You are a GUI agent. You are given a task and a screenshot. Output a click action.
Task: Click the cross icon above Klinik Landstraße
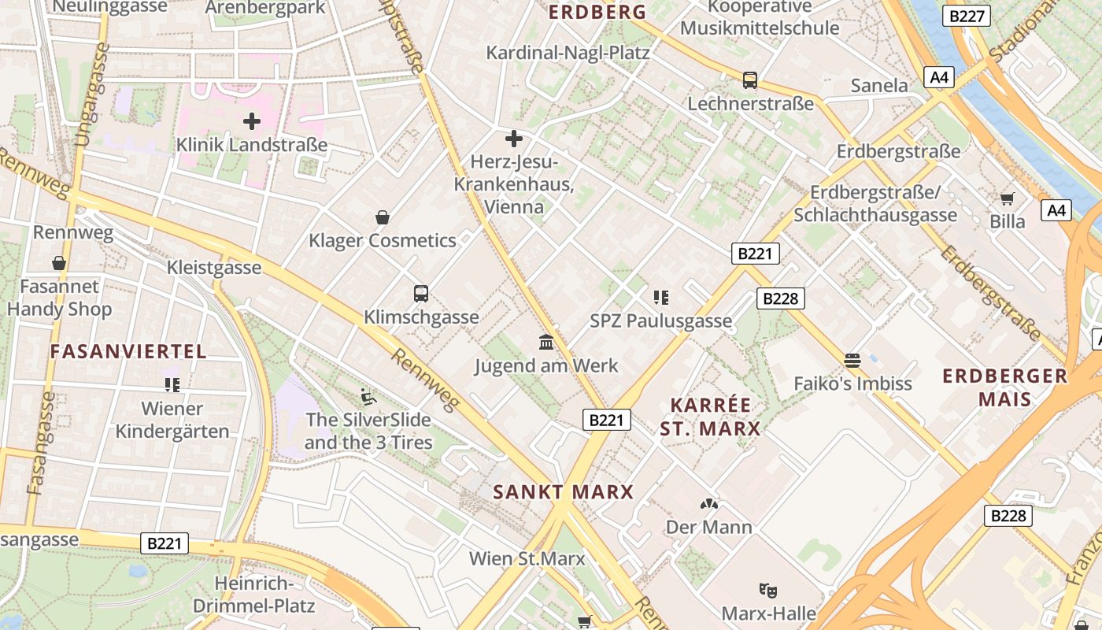pos(252,121)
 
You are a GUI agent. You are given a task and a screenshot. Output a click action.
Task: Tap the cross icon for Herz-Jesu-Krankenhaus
pos(514,139)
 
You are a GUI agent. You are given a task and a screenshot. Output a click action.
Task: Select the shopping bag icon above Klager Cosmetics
pos(383,217)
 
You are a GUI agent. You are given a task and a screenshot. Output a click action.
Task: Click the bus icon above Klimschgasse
pos(421,294)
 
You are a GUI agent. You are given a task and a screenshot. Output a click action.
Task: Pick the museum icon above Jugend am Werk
pos(546,342)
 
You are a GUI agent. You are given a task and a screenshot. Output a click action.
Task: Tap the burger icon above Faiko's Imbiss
pos(852,361)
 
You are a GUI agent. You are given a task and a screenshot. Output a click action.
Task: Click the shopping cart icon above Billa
pos(1008,198)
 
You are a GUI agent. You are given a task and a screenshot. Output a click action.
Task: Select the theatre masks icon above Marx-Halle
pos(768,589)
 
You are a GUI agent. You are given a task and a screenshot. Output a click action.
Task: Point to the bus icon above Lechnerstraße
pos(750,80)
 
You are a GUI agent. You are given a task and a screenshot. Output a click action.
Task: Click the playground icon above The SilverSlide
pos(368,396)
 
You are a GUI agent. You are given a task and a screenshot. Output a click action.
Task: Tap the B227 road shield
pos(968,16)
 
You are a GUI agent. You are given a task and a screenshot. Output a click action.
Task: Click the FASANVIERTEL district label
pos(128,351)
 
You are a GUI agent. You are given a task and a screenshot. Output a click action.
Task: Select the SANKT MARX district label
pos(564,492)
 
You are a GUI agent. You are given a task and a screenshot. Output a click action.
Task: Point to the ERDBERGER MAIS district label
pos(1005,387)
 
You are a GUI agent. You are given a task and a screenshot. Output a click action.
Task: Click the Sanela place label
pos(879,85)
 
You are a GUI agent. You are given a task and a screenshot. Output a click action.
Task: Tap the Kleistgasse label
pos(214,268)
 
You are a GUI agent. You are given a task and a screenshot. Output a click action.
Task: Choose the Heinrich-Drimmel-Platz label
pos(253,595)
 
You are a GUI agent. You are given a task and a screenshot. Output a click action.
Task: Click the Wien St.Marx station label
pos(527,558)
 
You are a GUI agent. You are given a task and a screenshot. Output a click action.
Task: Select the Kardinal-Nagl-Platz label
pos(568,53)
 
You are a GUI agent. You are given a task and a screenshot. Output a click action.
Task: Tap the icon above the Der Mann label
pos(709,503)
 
